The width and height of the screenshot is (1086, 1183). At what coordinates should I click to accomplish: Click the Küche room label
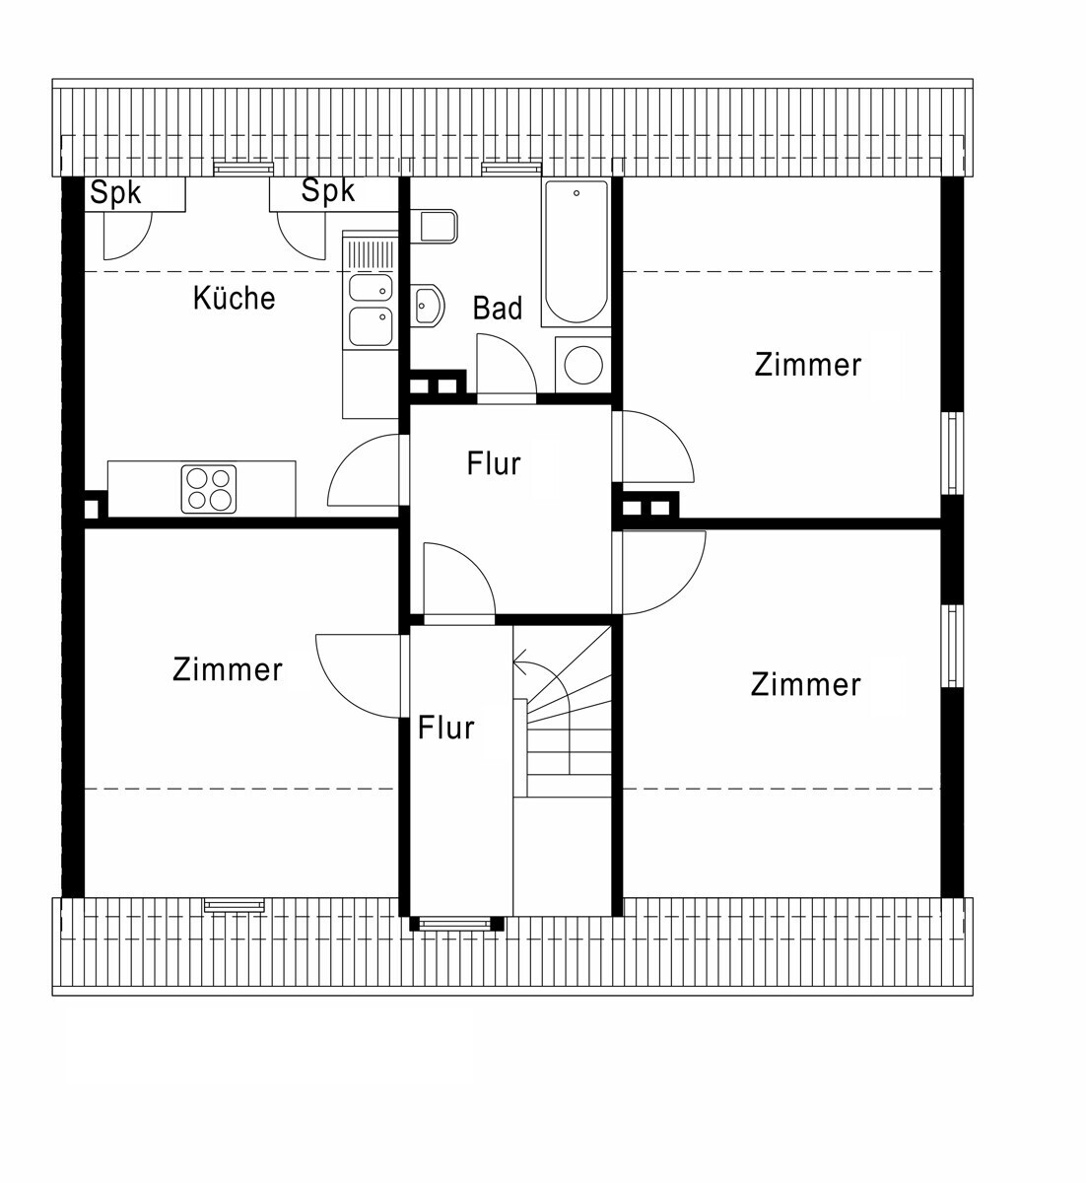click(x=235, y=298)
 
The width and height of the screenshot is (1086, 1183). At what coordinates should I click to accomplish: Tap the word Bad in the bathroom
click(x=498, y=308)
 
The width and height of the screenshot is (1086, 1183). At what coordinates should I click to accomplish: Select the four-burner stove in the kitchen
click(x=209, y=489)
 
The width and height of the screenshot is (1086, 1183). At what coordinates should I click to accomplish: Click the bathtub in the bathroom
click(x=577, y=253)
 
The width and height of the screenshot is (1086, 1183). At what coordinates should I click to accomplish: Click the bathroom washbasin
click(x=427, y=305)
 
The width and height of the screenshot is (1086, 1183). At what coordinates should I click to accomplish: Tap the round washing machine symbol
click(x=583, y=364)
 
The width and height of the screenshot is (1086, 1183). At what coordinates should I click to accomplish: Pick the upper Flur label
click(x=494, y=463)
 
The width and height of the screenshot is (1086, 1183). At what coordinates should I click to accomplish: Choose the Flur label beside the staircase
click(x=445, y=728)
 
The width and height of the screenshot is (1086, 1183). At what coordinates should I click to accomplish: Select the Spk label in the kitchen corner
click(x=115, y=192)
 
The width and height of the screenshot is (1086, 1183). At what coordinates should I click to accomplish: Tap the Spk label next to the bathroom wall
click(x=328, y=190)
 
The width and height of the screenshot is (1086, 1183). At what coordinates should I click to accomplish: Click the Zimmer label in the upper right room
click(x=808, y=365)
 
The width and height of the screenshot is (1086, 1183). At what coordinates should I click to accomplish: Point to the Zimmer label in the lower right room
click(x=805, y=685)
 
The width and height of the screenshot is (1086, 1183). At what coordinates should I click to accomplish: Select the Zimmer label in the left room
click(x=228, y=669)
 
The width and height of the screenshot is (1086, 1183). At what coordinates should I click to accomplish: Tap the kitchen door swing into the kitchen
click(x=348, y=452)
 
